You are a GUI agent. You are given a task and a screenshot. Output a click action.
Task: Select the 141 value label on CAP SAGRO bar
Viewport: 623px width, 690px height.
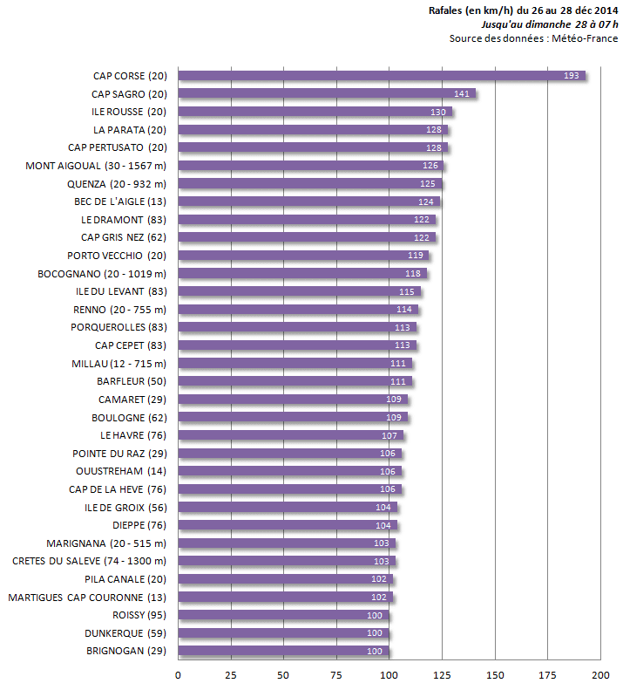click(462, 94)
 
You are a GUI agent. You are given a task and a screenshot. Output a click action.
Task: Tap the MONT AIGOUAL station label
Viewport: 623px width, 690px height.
click(96, 166)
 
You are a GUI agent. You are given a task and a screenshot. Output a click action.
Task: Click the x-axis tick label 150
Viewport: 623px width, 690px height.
click(495, 675)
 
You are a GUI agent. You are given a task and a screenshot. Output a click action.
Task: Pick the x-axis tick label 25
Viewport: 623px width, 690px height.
click(231, 675)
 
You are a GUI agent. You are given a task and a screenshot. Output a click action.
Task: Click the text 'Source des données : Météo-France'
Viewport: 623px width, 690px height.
click(533, 38)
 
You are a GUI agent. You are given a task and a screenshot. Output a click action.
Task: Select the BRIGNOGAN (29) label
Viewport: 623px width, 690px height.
click(126, 651)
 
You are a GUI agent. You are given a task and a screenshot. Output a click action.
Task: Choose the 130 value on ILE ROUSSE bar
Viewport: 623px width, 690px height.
click(438, 112)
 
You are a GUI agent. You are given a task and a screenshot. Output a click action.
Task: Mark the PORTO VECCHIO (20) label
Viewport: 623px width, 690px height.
click(117, 256)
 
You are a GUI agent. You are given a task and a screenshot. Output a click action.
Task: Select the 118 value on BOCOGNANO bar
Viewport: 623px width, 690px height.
click(413, 273)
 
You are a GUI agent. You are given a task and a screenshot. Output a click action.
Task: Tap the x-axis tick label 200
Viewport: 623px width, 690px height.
click(600, 675)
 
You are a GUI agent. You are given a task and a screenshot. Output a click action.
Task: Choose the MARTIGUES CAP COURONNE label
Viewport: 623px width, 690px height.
click(87, 597)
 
